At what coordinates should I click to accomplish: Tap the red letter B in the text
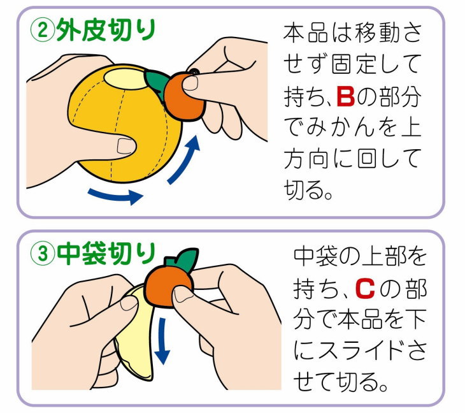pyautogui.click(x=345, y=98)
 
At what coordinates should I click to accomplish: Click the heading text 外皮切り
pyautogui.click(x=106, y=29)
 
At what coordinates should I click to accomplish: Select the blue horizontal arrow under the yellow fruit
pyautogui.click(x=115, y=195)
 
